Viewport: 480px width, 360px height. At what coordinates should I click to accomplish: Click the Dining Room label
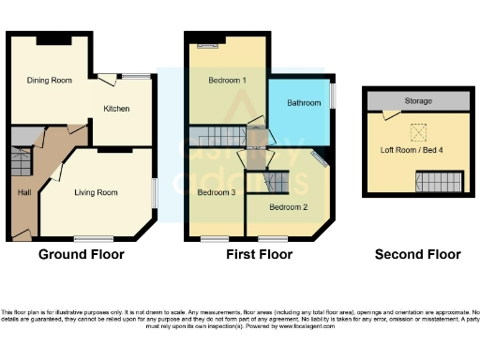50,81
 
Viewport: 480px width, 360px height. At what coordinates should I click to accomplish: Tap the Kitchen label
117,109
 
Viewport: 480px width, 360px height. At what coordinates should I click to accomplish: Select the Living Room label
96,192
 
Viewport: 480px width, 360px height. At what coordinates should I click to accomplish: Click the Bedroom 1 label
226,81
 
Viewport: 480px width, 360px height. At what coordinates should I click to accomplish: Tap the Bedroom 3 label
216,192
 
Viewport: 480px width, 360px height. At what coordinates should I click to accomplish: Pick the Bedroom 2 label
288,206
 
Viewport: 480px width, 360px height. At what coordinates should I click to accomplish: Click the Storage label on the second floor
419,99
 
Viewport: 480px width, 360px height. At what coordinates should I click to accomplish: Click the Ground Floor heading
81,254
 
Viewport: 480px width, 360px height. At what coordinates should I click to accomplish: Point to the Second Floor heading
417,254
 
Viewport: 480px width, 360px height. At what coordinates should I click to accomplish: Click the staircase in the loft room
439,182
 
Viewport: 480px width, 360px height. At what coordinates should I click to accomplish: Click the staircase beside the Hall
21,162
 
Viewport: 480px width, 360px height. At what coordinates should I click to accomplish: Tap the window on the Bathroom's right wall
331,95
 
